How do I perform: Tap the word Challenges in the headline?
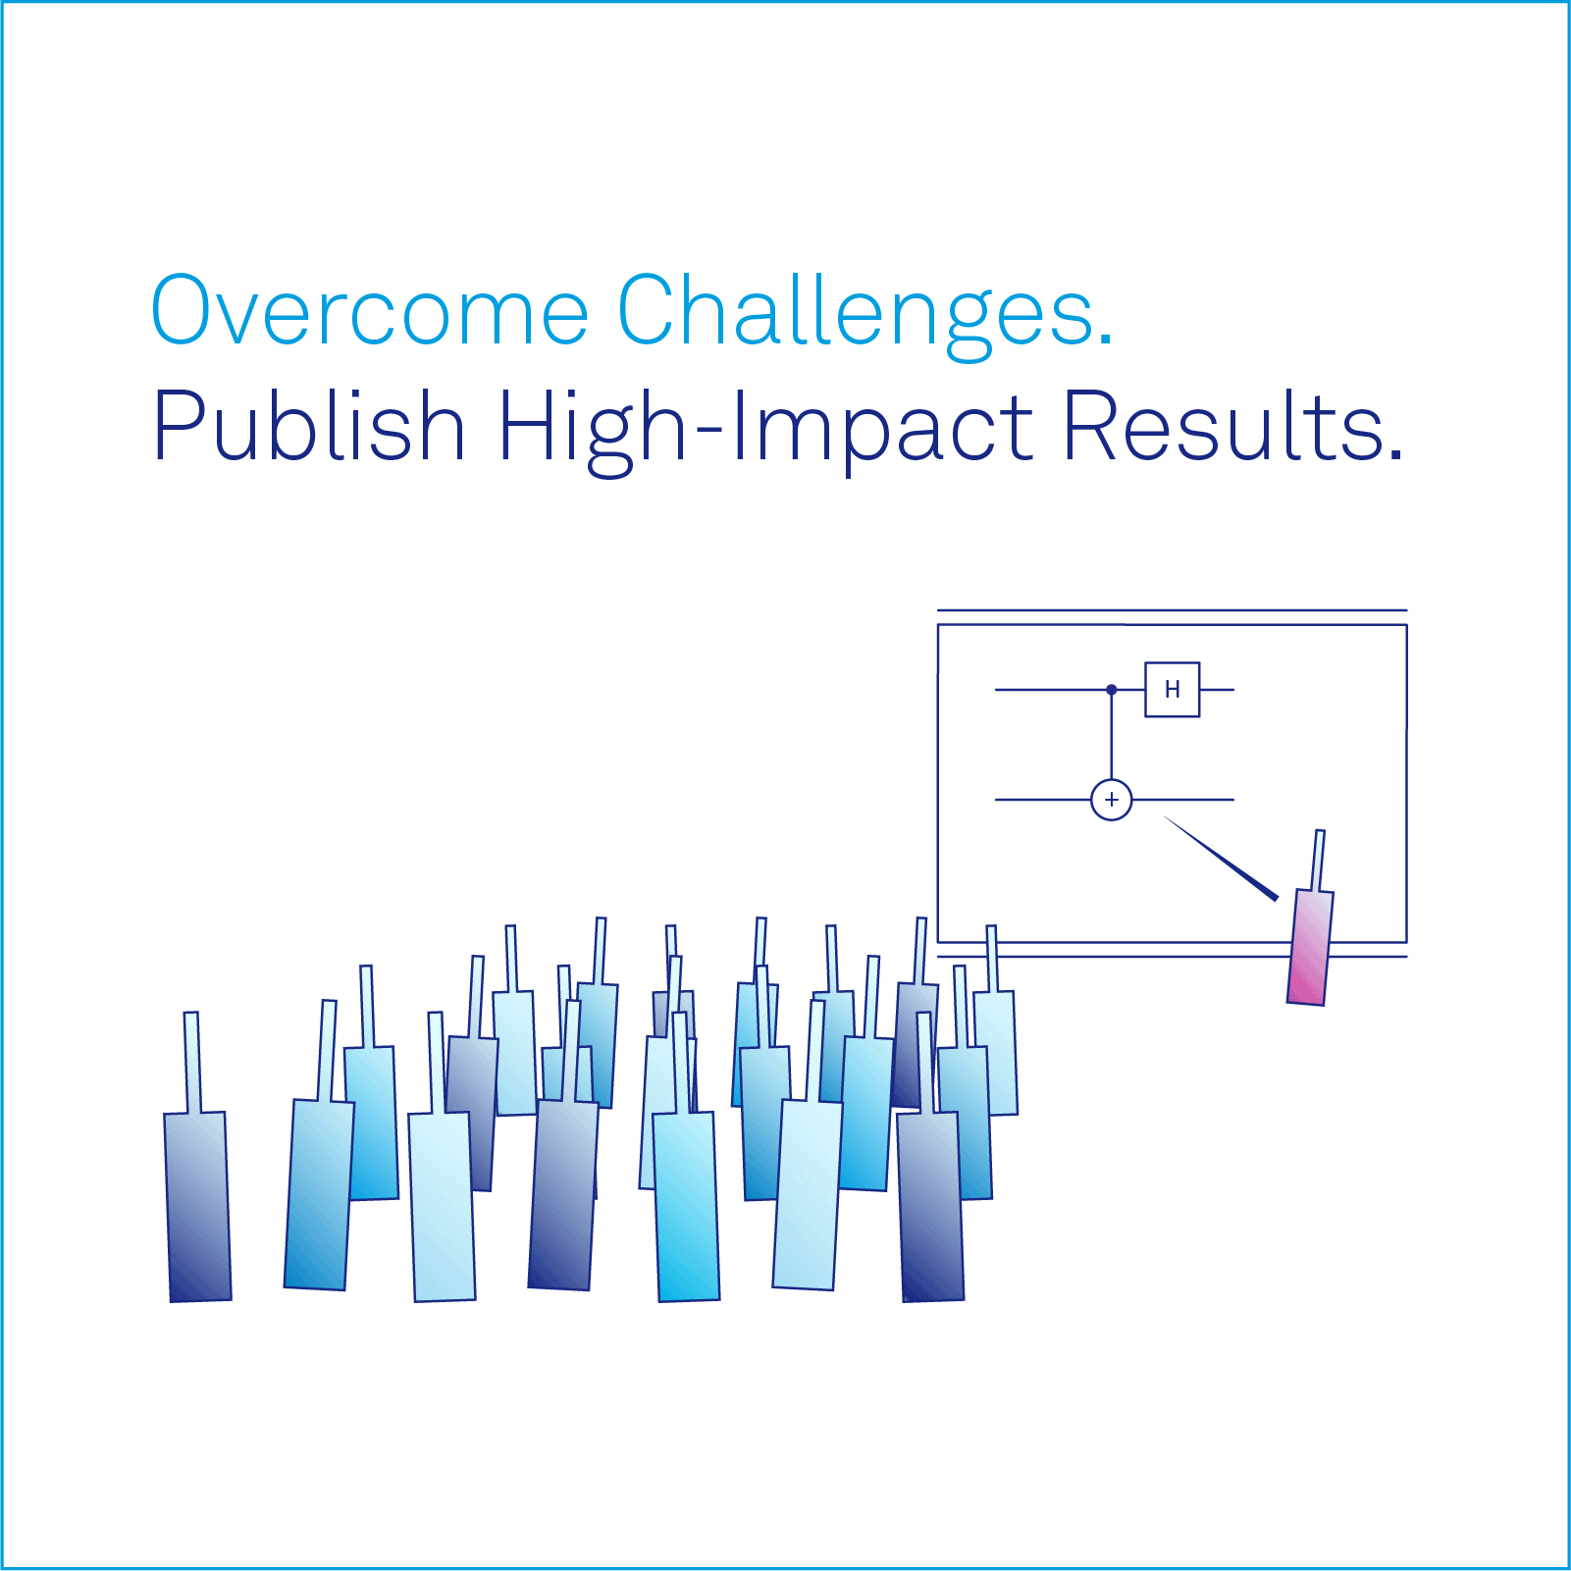click(x=857, y=316)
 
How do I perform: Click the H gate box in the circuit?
click(x=1173, y=690)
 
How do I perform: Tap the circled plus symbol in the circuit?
click(x=1112, y=800)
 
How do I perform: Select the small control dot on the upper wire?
click(x=1112, y=690)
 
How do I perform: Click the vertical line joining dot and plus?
click(x=1112, y=737)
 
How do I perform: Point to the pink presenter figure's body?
click(x=1310, y=947)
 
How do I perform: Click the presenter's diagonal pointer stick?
click(x=1222, y=859)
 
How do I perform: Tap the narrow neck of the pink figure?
click(x=1319, y=861)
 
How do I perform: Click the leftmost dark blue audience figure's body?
click(x=198, y=1207)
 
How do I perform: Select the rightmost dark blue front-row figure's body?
click(x=931, y=1207)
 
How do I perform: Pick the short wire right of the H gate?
click(x=1217, y=690)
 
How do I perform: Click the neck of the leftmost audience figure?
click(x=192, y=1063)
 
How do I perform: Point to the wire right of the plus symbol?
click(x=1183, y=800)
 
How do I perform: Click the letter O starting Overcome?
click(x=185, y=310)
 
